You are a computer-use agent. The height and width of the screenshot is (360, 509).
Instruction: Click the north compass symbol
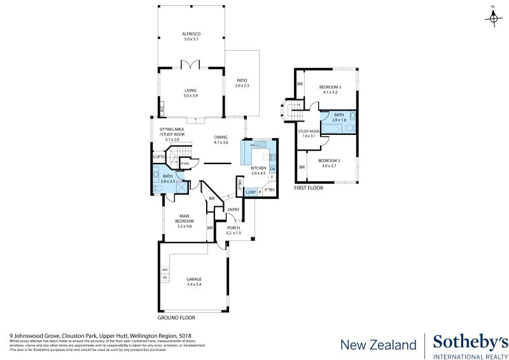pyautogui.click(x=493, y=18)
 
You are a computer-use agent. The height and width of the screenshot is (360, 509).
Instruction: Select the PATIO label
pyautogui.click(x=242, y=80)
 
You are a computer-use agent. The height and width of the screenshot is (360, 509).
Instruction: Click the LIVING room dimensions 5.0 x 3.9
pyautogui.click(x=191, y=95)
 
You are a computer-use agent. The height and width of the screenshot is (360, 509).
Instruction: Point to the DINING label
pyautogui.click(x=221, y=137)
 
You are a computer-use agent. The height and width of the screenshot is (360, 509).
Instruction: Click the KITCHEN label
pyautogui.click(x=258, y=168)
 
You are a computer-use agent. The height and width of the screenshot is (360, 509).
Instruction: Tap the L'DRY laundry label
pyautogui.click(x=250, y=191)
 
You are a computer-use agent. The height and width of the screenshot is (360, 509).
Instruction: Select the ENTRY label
pyautogui.click(x=234, y=210)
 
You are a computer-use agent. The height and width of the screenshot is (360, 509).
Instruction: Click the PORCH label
pyautogui.click(x=234, y=228)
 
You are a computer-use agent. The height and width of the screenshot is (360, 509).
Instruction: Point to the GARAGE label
pyautogui.click(x=193, y=279)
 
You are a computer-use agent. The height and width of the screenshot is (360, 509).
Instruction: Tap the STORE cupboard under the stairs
pyautogui.click(x=185, y=164)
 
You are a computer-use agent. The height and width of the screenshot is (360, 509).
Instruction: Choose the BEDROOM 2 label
pyautogui.click(x=328, y=160)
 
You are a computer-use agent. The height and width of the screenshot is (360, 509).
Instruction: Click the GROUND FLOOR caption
pyautogui.click(x=176, y=317)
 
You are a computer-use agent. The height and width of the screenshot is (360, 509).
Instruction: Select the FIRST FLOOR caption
pyautogui.click(x=309, y=188)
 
